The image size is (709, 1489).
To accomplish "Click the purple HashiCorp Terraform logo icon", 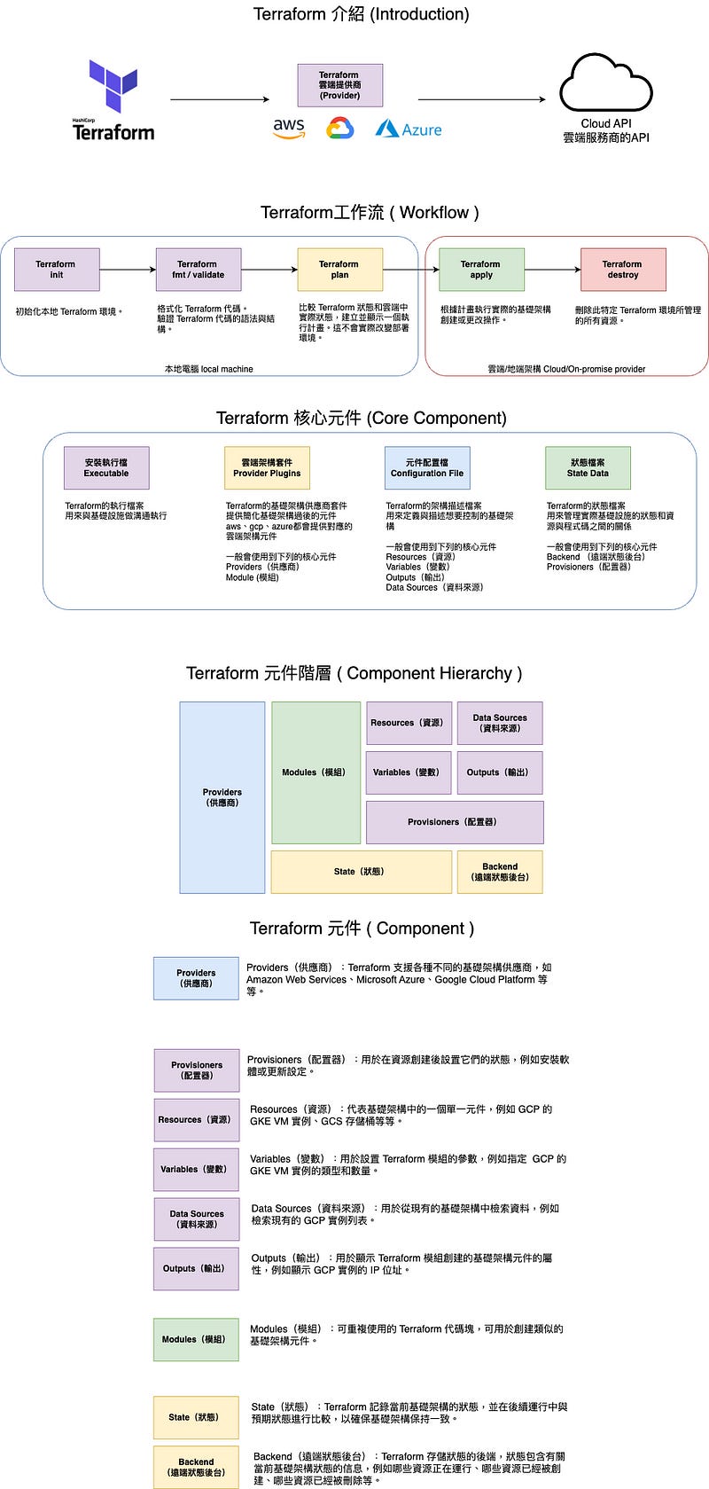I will tap(113, 86).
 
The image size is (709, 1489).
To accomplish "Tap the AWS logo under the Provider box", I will tap(289, 129).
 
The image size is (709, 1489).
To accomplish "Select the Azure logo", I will tap(408, 129).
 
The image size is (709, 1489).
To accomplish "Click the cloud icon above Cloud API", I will tap(605, 83).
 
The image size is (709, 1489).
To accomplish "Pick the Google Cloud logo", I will tap(339, 129).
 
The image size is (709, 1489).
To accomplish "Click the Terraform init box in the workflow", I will tap(57, 270).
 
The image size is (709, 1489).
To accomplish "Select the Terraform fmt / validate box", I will tap(198, 270).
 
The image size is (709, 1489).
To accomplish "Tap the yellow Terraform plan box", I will tap(339, 270).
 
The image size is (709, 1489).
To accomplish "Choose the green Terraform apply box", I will tap(481, 270).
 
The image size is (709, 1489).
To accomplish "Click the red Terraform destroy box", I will tap(622, 270).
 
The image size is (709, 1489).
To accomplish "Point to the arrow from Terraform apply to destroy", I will tap(552, 270).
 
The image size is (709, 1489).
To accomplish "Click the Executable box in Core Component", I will tap(106, 467).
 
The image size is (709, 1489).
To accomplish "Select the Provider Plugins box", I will tap(267, 467).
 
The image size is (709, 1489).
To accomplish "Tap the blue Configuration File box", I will tap(427, 467).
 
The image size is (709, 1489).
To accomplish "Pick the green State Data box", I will tap(588, 467).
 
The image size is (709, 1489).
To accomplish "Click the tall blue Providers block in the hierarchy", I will tap(222, 797).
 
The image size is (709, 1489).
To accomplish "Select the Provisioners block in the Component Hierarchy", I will tap(454, 822).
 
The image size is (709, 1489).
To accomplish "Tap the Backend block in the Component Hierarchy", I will tap(500, 872).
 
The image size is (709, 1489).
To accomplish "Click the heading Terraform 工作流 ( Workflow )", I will tap(370, 213).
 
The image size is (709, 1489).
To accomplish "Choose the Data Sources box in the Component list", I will tap(197, 1219).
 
